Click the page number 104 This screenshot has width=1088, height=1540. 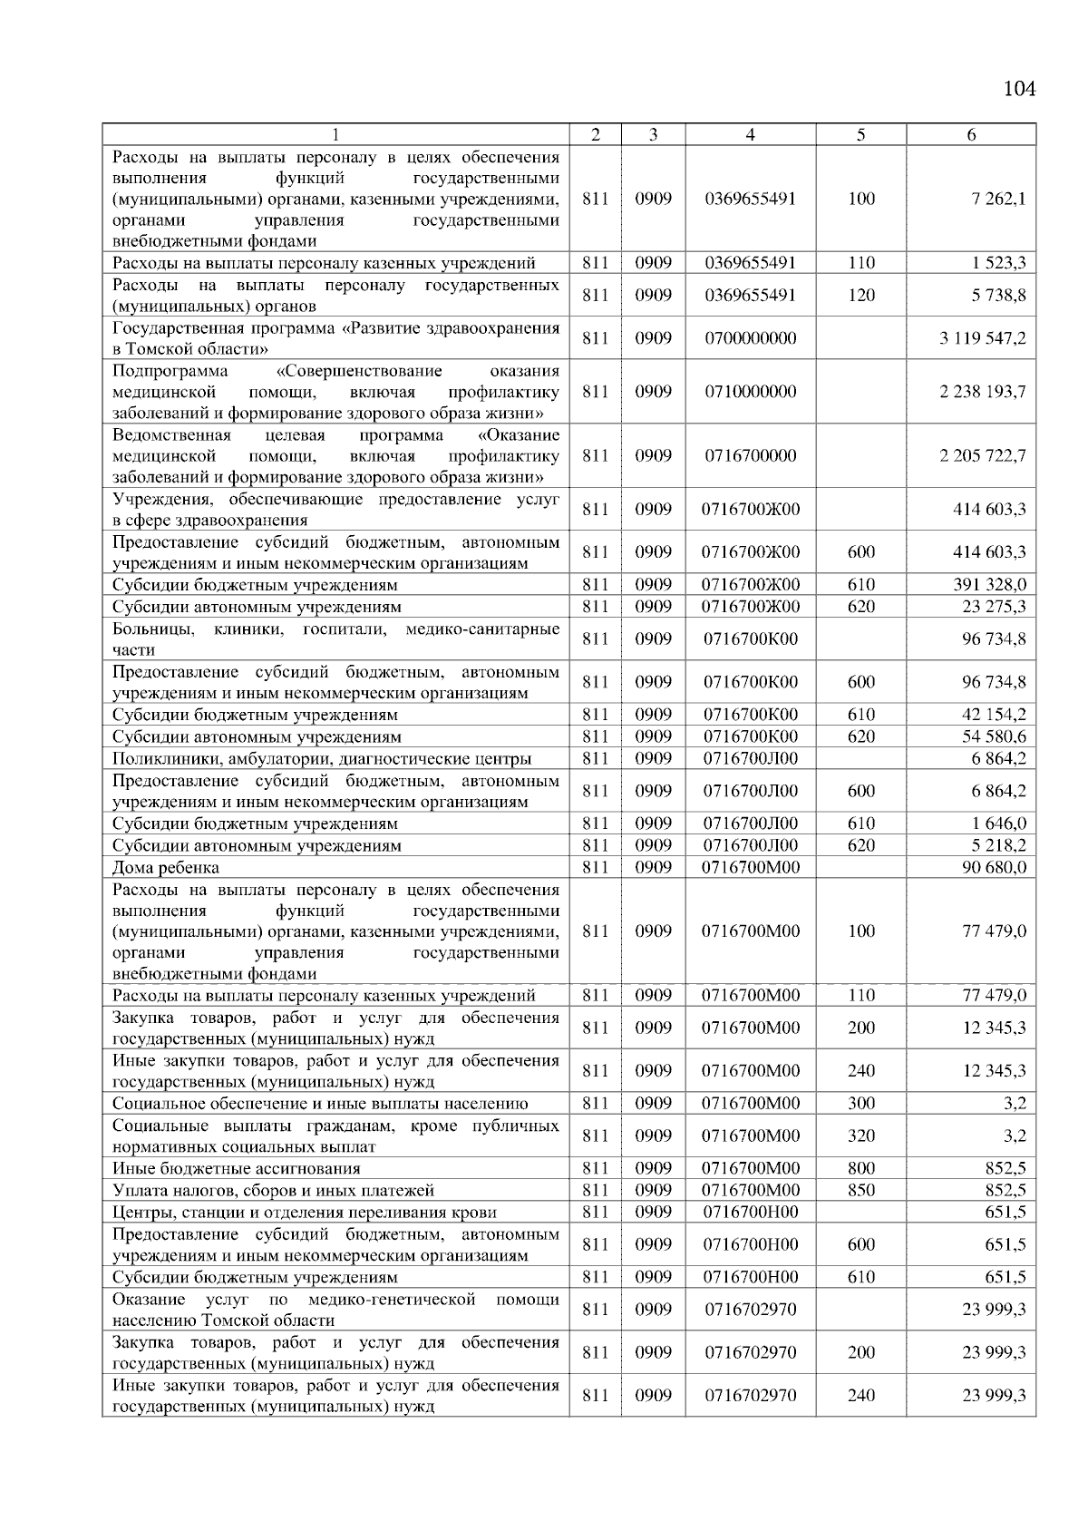1019,89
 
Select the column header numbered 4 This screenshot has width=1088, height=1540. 750,135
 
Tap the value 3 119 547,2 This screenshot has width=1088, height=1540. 983,338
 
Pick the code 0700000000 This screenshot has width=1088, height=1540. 751,338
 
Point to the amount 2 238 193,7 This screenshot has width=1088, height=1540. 983,392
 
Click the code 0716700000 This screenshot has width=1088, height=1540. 751,455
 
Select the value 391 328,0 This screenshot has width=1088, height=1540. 988,585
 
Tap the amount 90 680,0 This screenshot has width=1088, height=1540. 994,868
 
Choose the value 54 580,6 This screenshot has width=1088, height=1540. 994,736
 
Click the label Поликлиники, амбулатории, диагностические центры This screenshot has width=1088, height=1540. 322,759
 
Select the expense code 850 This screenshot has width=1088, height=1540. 861,1190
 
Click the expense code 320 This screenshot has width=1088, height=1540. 861,1136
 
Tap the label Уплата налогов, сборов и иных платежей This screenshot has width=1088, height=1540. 273,1191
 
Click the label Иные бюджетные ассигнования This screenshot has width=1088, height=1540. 236,1169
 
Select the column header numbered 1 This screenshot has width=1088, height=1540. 335,135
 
